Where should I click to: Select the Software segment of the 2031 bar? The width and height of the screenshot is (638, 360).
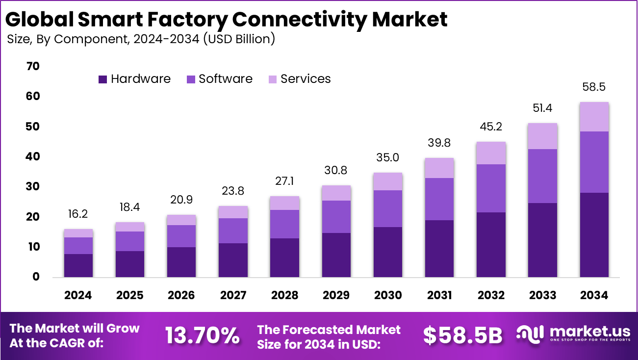439,199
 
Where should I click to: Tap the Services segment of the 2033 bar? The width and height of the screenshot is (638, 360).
542,136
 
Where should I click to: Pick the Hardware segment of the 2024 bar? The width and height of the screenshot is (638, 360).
78,265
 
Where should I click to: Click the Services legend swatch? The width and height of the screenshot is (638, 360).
272,79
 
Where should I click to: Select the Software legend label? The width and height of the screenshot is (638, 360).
226,79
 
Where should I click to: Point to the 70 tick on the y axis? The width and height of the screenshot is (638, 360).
32,66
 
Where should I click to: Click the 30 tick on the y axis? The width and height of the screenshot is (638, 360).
32,187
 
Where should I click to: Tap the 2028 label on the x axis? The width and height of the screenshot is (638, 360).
284,295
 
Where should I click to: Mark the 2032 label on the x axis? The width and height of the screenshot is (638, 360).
491,295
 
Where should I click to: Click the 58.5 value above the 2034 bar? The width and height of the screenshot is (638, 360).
594,87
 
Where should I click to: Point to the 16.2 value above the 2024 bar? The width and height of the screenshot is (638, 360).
78,214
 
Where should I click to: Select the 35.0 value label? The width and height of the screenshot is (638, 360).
388,157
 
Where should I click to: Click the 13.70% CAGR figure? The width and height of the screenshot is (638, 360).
202,335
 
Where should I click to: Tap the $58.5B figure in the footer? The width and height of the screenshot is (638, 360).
463,335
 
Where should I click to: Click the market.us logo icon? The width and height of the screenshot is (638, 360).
531,334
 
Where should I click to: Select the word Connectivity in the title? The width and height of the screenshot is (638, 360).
299,19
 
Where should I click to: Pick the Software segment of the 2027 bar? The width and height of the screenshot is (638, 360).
233,231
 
